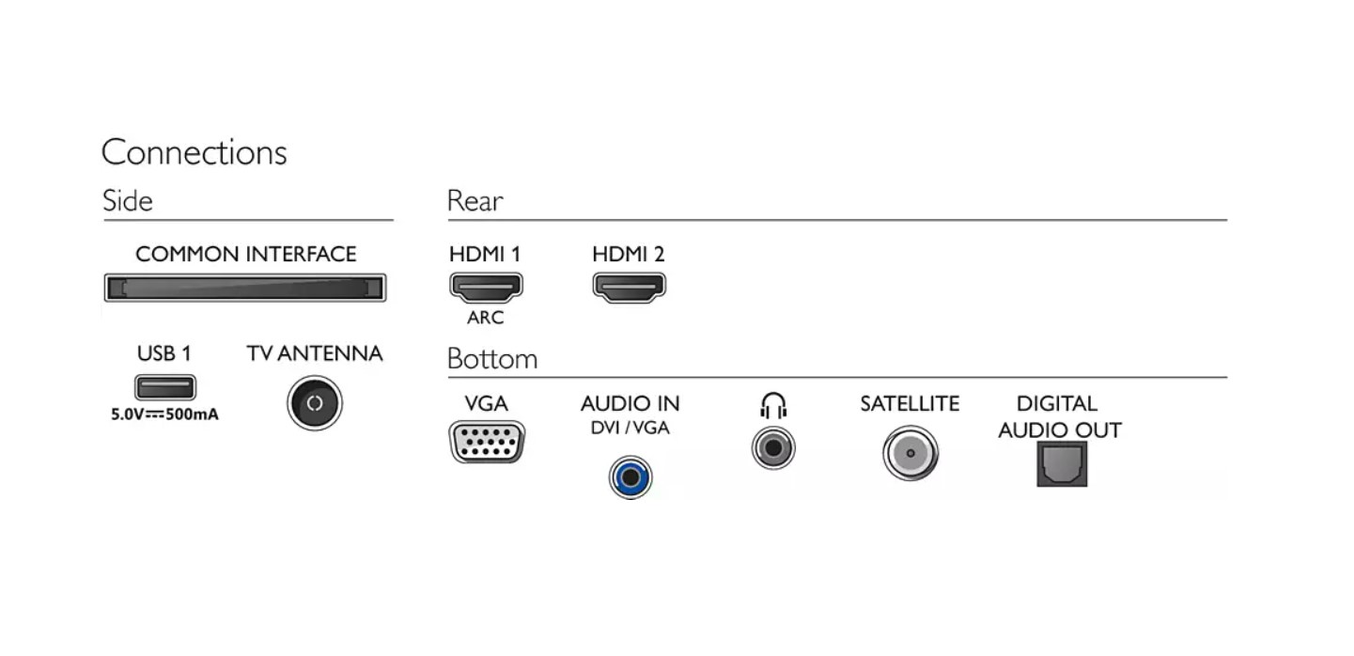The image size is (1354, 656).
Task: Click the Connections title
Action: (x=194, y=152)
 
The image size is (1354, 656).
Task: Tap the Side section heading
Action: (x=128, y=201)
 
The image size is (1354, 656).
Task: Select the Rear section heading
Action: (x=475, y=201)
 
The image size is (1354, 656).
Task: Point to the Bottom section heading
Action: (x=491, y=359)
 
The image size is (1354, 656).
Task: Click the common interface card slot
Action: (x=244, y=288)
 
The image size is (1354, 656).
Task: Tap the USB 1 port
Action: (x=164, y=386)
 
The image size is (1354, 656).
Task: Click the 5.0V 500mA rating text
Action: (x=164, y=414)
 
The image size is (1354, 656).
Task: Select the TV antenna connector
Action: (x=315, y=403)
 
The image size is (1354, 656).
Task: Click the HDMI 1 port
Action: (x=486, y=287)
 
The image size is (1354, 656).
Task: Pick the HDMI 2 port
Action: (x=629, y=287)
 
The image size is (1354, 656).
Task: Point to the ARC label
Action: (x=485, y=318)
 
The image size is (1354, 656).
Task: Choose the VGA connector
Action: (x=487, y=443)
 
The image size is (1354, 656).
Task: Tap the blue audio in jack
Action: (x=630, y=476)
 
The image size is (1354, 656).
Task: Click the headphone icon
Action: (x=773, y=406)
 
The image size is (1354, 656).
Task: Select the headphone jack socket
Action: (x=773, y=447)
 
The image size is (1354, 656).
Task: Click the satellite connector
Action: (x=910, y=453)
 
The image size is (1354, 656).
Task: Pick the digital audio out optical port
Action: (x=1062, y=464)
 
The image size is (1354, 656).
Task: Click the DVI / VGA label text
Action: (x=630, y=429)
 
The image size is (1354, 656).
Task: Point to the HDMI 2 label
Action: (x=628, y=254)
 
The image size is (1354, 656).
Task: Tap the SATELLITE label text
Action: (x=910, y=404)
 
